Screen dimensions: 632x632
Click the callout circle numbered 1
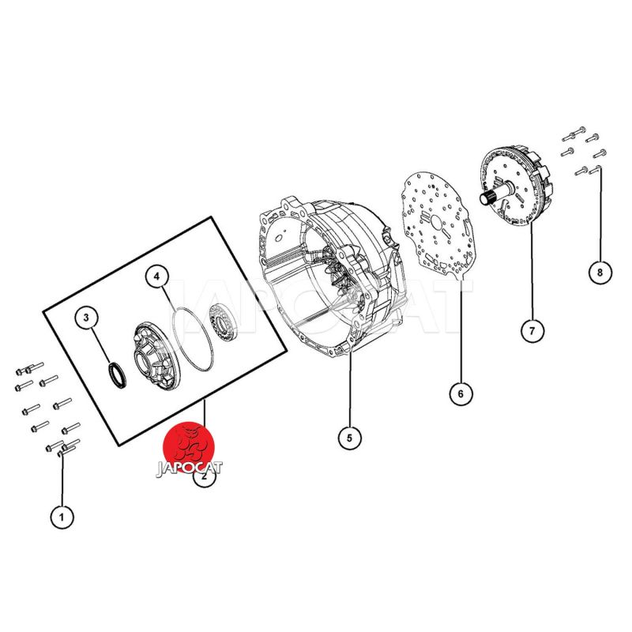click(62, 517)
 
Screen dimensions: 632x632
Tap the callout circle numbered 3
click(86, 318)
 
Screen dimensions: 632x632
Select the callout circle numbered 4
click(156, 276)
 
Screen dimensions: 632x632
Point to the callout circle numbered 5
click(349, 438)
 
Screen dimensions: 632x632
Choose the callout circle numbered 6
click(461, 393)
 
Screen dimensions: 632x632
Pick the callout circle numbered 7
click(532, 331)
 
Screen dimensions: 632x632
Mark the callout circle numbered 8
click(600, 273)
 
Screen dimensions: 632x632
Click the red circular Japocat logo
click(189, 447)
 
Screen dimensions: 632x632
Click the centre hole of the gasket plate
click(437, 221)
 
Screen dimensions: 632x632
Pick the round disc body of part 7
click(518, 186)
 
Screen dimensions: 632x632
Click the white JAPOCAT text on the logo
click(189, 468)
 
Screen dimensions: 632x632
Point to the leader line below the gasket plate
click(461, 329)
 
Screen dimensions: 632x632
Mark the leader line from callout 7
click(532, 271)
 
